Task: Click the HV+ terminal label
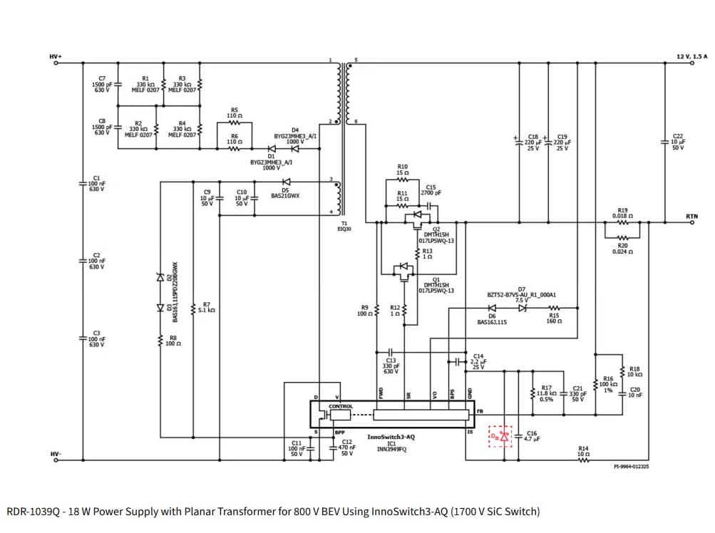point(55,56)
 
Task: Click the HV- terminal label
point(55,453)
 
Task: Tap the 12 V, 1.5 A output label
point(691,56)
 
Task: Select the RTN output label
point(691,216)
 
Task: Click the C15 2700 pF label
point(431,190)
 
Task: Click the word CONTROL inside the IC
point(340,406)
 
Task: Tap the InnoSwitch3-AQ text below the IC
point(391,437)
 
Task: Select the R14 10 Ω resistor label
point(583,451)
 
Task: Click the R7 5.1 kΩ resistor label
point(206,307)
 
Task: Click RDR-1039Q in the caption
point(34,512)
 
